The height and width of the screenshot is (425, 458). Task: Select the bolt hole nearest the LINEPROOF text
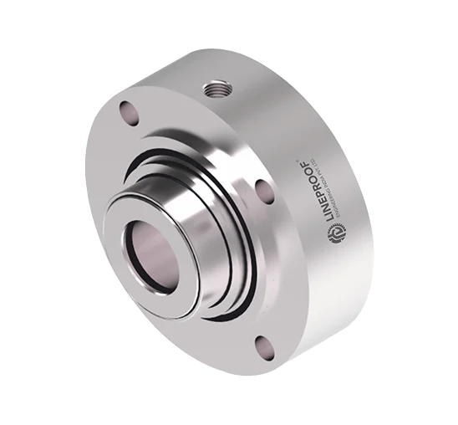(261, 191)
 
